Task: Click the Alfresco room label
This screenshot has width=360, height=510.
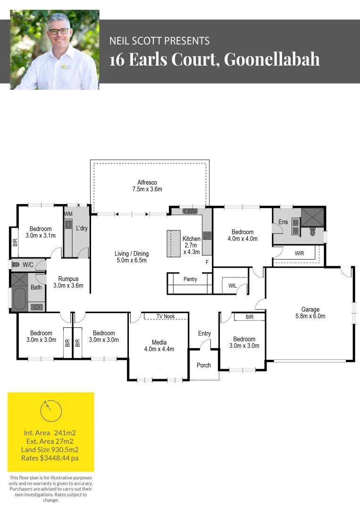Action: pos(147,182)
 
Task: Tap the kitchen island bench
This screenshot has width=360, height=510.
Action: pos(174,243)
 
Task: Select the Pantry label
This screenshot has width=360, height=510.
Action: pos(190,280)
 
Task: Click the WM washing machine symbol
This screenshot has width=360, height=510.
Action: pos(68,224)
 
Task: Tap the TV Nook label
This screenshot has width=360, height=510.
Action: pos(166,316)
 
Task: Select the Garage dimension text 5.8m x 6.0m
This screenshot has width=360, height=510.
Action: pos(310,316)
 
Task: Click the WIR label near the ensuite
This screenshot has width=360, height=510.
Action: pos(299,254)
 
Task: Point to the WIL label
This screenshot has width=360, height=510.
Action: pos(232,285)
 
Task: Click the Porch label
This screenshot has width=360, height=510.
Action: pos(204,365)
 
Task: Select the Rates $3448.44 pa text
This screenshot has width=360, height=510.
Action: pos(50,458)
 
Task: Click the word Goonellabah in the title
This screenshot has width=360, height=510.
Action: pos(272,59)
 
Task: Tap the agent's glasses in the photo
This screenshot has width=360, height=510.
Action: pos(59,31)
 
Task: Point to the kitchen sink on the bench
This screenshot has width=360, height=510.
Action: pos(191,211)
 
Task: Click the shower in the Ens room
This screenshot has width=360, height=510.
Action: pos(312,217)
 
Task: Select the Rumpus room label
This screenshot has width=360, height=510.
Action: pos(68,279)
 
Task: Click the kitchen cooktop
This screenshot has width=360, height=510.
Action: pos(207,235)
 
